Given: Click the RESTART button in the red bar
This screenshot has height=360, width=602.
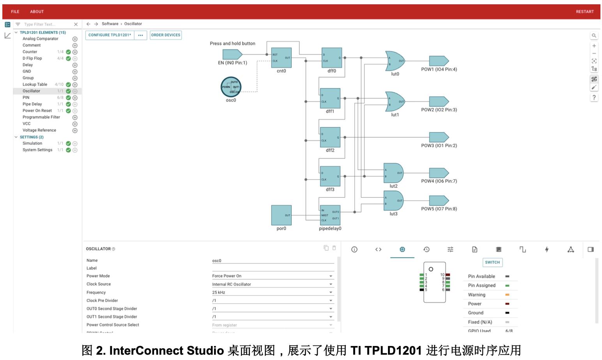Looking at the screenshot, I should pos(584,12).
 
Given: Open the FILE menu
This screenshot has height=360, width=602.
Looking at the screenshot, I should pos(15,12).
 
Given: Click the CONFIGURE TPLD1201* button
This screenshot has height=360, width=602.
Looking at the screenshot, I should pos(110,35).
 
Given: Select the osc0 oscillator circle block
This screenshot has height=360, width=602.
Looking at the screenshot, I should pos(231,87).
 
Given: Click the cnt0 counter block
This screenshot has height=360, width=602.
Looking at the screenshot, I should pos(281,58).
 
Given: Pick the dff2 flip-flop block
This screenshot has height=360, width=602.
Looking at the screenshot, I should pos(330,137).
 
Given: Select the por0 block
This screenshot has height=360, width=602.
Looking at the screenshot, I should pos(281,215).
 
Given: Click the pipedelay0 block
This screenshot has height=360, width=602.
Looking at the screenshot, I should pos(330,215).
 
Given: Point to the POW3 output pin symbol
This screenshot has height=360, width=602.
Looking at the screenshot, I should pos(439,137).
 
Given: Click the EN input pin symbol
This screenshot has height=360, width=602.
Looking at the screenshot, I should pos(232,55).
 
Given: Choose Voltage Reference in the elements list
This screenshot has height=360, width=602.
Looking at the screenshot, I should pos(39,130).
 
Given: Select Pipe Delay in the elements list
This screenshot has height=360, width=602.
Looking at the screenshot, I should pos(32,104).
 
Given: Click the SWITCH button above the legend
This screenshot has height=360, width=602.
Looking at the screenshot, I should pos(492,262).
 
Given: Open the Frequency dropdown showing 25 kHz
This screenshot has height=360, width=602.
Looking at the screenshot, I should pos(273,292).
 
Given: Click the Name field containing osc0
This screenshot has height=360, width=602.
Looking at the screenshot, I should pos(273,261).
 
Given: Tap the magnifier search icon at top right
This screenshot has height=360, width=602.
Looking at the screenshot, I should pos(594,35).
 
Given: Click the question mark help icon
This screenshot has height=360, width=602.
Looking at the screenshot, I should pos(594,97).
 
